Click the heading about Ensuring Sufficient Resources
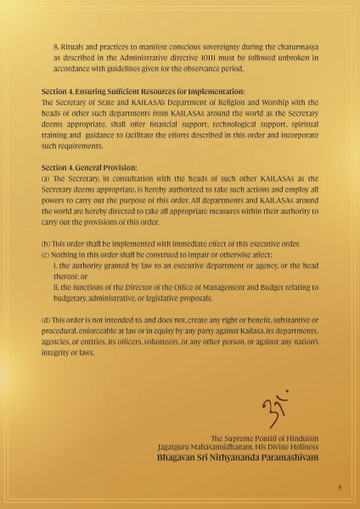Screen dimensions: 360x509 [x=143, y=91]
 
